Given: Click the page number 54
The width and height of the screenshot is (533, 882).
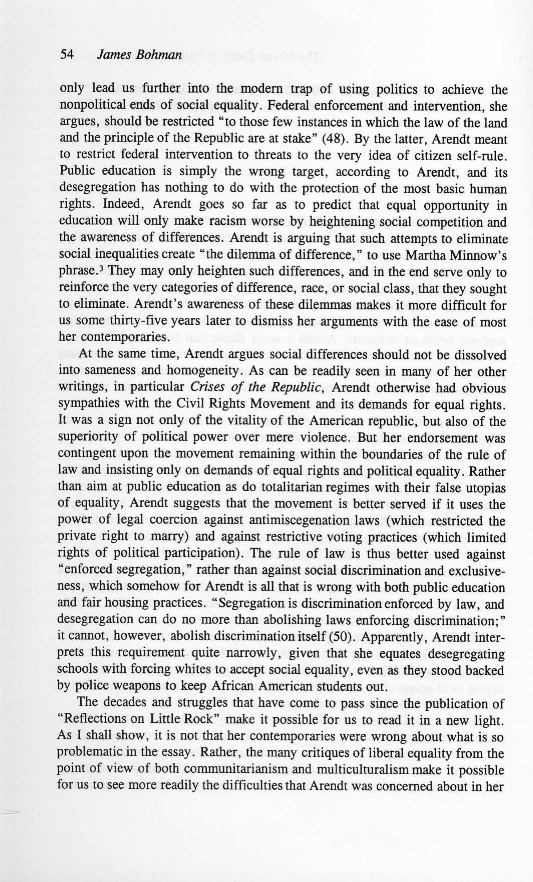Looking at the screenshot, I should point(67,55).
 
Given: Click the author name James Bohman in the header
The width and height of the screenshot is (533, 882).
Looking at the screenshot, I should point(139,55).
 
